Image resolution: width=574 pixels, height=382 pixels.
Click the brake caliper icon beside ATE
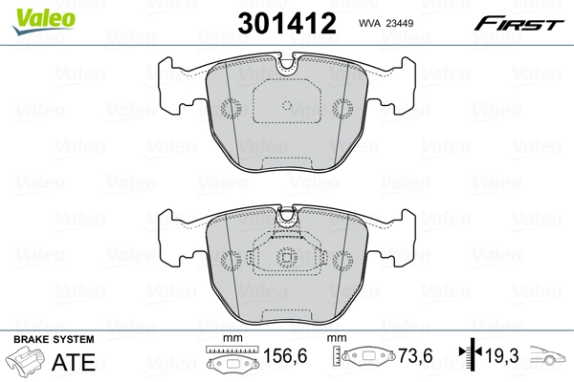point(27,363)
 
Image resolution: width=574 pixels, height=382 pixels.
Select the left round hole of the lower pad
point(230,258)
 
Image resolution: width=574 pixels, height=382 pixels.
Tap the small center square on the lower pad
point(286,256)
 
